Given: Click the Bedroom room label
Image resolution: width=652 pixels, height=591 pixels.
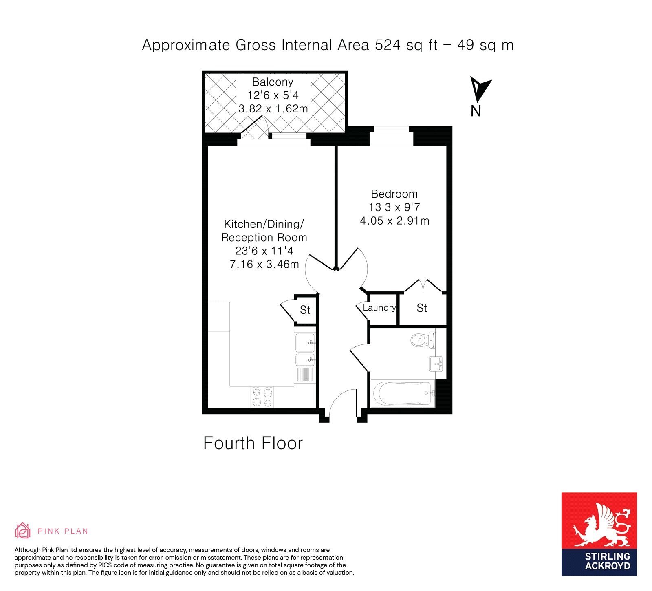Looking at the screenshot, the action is point(394,194).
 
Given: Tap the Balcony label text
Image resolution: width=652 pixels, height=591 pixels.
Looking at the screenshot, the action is point(273,82).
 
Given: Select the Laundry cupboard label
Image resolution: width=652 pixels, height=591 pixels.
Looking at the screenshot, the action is point(379,308).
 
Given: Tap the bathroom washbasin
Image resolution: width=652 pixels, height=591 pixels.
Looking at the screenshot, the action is point(436,364).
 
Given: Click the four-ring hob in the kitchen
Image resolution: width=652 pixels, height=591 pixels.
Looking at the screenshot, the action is point(262,397).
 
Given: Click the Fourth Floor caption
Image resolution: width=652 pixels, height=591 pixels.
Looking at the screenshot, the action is point(253,443).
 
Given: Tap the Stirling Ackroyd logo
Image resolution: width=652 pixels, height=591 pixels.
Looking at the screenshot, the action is point(599,534).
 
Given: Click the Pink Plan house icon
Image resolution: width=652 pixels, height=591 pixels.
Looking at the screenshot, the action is point(23,530).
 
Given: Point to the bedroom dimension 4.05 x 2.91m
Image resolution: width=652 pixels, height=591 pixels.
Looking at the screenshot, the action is point(394,221).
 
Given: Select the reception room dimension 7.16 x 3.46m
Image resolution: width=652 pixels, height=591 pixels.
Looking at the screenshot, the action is point(264,265).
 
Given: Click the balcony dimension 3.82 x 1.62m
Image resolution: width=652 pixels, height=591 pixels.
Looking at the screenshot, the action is point(273,109).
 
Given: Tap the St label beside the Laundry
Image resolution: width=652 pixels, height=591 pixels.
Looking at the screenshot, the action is point(422,308).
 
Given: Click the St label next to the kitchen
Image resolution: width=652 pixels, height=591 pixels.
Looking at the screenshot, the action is point(305,310).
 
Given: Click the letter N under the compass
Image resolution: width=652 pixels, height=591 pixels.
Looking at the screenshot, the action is point(476,111).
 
